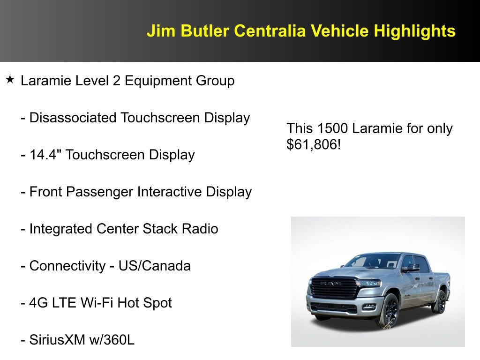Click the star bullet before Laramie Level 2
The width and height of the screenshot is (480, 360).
(10, 80)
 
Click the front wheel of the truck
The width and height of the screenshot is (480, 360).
(387, 312)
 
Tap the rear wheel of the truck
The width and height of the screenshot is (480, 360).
(440, 301)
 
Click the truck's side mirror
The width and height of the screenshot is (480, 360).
(411, 267)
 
